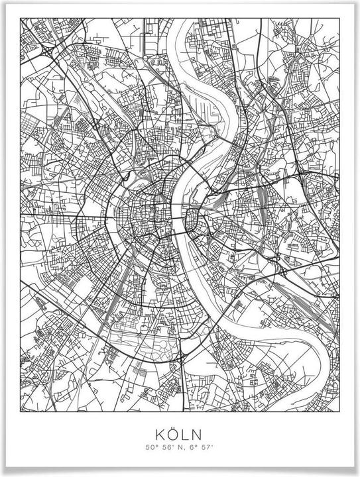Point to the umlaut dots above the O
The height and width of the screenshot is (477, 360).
click(174, 428)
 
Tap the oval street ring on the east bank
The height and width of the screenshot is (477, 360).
click(193, 219)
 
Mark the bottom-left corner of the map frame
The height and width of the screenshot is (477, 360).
click(21, 402)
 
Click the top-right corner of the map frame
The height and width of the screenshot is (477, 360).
click(339, 19)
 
